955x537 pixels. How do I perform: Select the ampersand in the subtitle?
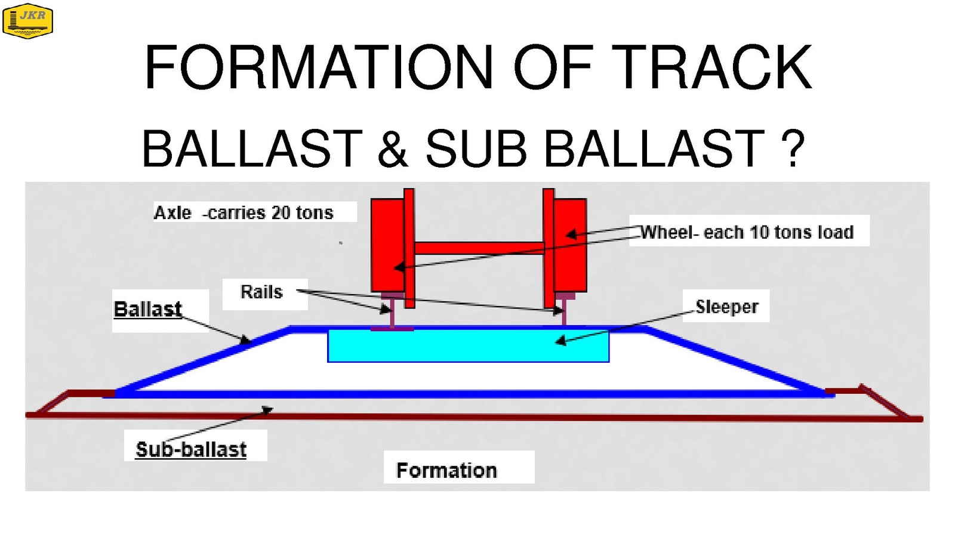click(393, 149)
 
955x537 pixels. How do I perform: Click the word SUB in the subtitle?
click(476, 149)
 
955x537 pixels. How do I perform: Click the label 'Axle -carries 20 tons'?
click(244, 212)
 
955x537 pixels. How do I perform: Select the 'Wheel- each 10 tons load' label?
click(747, 232)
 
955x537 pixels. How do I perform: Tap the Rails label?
click(262, 292)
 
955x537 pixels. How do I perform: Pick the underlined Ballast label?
click(148, 309)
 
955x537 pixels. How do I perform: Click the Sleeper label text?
click(727, 307)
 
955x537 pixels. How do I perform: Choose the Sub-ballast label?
click(191, 449)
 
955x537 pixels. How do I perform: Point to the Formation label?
click(447, 471)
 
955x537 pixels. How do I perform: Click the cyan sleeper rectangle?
click(468, 345)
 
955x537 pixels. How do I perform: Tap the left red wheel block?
click(387, 245)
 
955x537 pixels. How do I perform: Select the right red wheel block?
click(570, 245)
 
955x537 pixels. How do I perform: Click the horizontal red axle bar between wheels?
click(480, 248)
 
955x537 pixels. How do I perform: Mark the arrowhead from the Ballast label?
click(245, 340)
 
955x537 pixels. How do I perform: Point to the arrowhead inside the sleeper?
click(560, 341)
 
